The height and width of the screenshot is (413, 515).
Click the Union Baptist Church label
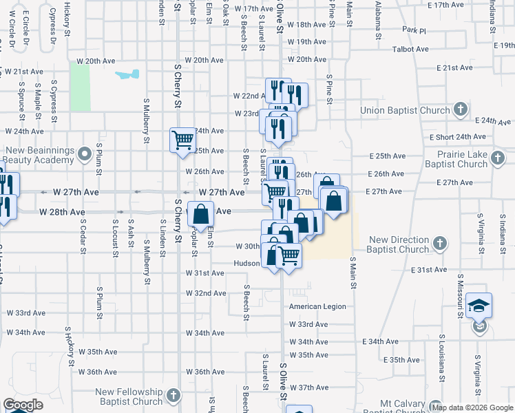click(x=406, y=110)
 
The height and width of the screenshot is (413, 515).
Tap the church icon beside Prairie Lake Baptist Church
click(x=498, y=160)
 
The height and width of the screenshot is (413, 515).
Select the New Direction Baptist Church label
click(x=399, y=244)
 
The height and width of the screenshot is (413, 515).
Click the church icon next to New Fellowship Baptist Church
click(x=174, y=396)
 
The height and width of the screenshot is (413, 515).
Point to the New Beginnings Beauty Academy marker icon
click(x=85, y=153)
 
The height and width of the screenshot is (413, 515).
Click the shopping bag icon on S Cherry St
click(x=200, y=214)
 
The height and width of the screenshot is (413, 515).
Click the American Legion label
click(x=317, y=306)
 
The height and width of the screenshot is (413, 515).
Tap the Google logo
click(x=23, y=405)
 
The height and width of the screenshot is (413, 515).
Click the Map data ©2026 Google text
click(x=472, y=407)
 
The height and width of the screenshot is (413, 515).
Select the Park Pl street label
click(x=414, y=30)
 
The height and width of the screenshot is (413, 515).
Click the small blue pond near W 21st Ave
click(x=128, y=74)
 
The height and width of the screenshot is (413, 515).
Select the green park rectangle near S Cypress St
click(x=80, y=86)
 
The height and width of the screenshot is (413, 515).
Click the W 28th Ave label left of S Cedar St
click(x=61, y=211)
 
